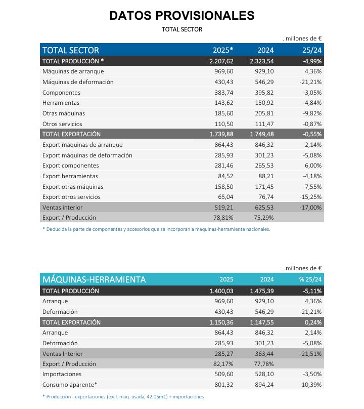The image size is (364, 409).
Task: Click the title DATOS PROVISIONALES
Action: click(x=181, y=16)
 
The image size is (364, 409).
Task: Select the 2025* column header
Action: click(x=222, y=50)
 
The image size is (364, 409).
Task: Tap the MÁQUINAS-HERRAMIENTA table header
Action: click(x=94, y=279)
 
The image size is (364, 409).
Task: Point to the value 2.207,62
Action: click(x=220, y=61)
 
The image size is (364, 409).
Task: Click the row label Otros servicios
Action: click(x=62, y=124)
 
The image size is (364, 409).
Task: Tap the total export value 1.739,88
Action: click(x=220, y=134)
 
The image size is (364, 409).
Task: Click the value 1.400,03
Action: click(x=220, y=291)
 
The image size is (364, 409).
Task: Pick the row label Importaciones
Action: click(x=62, y=374)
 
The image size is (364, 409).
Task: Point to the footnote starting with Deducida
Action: click(x=156, y=229)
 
